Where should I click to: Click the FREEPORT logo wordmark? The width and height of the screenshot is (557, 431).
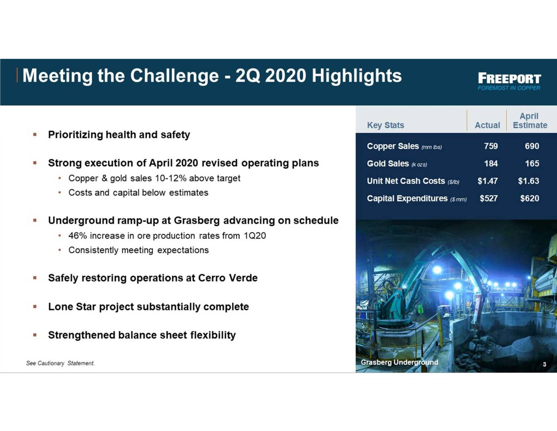509,78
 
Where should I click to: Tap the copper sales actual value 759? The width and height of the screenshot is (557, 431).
491,146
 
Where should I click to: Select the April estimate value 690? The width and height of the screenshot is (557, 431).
532,146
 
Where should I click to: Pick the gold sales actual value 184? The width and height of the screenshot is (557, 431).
491,164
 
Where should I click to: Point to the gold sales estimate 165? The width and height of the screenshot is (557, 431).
532,164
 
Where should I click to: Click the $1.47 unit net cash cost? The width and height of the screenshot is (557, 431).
488,181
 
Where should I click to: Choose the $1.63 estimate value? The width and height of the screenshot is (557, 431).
528,181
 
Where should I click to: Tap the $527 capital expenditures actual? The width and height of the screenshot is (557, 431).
488,199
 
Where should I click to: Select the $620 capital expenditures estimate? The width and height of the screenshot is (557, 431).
530,199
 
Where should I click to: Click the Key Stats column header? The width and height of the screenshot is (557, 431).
386,125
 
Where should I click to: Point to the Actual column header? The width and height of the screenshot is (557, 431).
487,125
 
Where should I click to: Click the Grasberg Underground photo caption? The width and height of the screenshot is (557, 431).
399,362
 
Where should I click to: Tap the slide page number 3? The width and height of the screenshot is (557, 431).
544,364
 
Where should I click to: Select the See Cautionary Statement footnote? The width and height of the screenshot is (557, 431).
60,363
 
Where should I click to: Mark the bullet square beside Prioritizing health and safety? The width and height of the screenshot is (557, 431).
35,134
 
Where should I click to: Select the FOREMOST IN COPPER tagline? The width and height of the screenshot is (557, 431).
509,88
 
